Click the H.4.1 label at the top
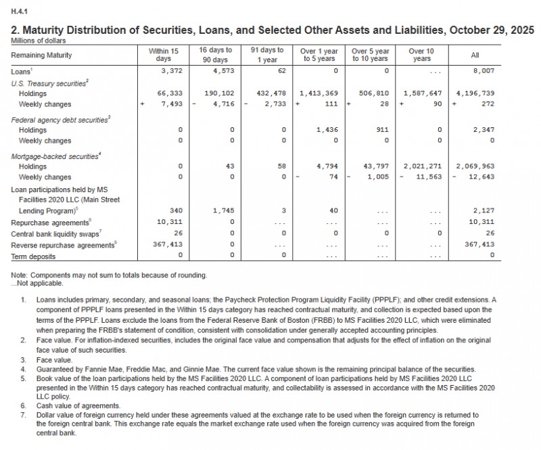(x=18, y=10)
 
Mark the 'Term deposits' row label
(x=34, y=256)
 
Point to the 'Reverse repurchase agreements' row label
(x=62, y=245)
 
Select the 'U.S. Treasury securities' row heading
(x=50, y=82)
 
